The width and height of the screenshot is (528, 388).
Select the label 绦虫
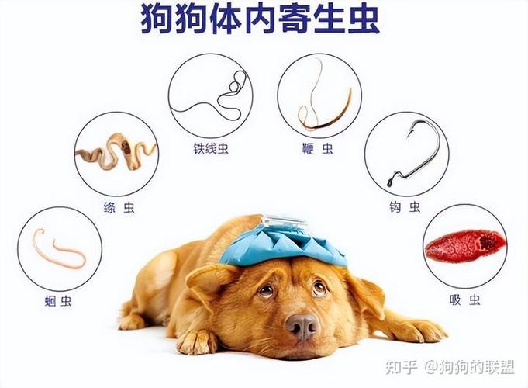coord(117,207)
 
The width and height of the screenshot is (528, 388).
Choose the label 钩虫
coord(405,206)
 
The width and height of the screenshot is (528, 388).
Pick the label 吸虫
coord(464,300)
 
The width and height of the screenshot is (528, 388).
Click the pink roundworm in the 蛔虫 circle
coord(58,248)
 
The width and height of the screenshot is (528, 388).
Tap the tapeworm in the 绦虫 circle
coord(116,151)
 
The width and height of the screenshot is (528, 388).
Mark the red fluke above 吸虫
coord(464,246)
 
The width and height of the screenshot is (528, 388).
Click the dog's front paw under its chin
coord(198,341)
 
